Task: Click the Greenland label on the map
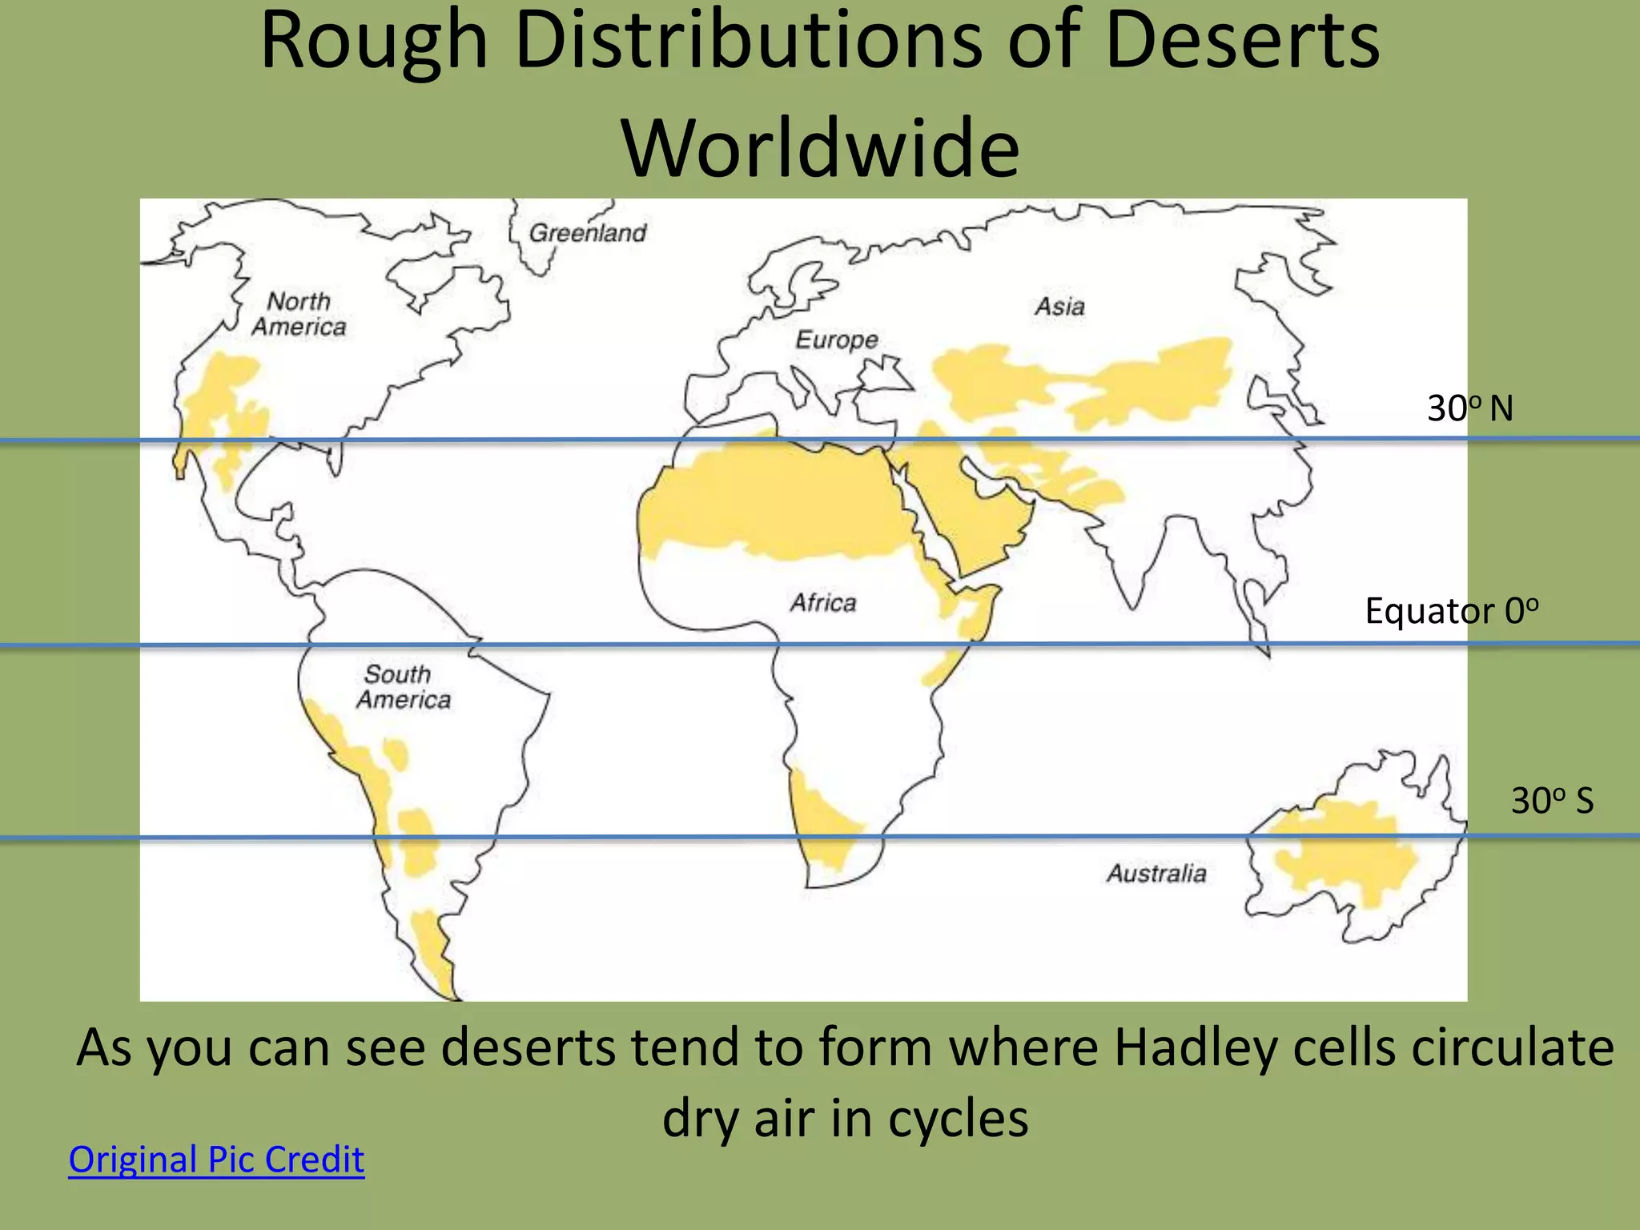(588, 233)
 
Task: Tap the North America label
(299, 314)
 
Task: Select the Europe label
(837, 340)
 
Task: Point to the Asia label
(1059, 306)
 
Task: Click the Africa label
(823, 602)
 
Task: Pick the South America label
(403, 687)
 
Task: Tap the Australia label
(1156, 873)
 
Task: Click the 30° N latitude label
(1469, 408)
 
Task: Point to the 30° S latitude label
(1552, 801)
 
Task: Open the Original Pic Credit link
(216, 1160)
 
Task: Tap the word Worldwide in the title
(820, 148)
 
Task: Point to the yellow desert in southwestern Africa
(821, 825)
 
